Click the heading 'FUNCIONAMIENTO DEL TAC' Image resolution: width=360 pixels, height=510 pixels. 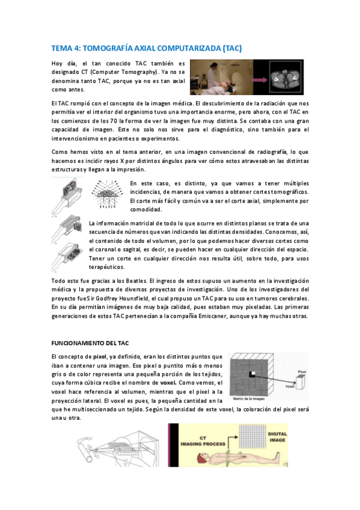(90, 343)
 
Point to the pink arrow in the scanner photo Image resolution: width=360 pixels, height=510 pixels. (255, 76)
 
